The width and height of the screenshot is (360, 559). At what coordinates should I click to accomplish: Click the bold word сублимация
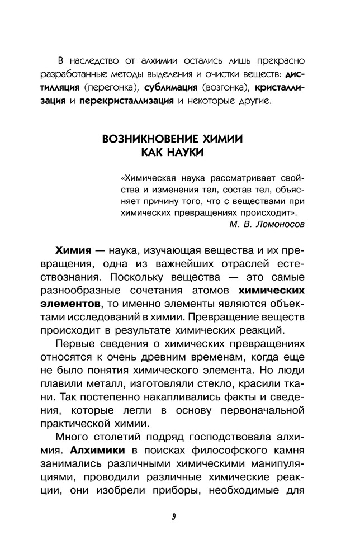[x=171, y=88]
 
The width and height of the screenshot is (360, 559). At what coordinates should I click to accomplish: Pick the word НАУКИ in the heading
[x=183, y=152]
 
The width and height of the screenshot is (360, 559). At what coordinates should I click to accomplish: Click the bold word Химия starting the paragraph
[x=73, y=249]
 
